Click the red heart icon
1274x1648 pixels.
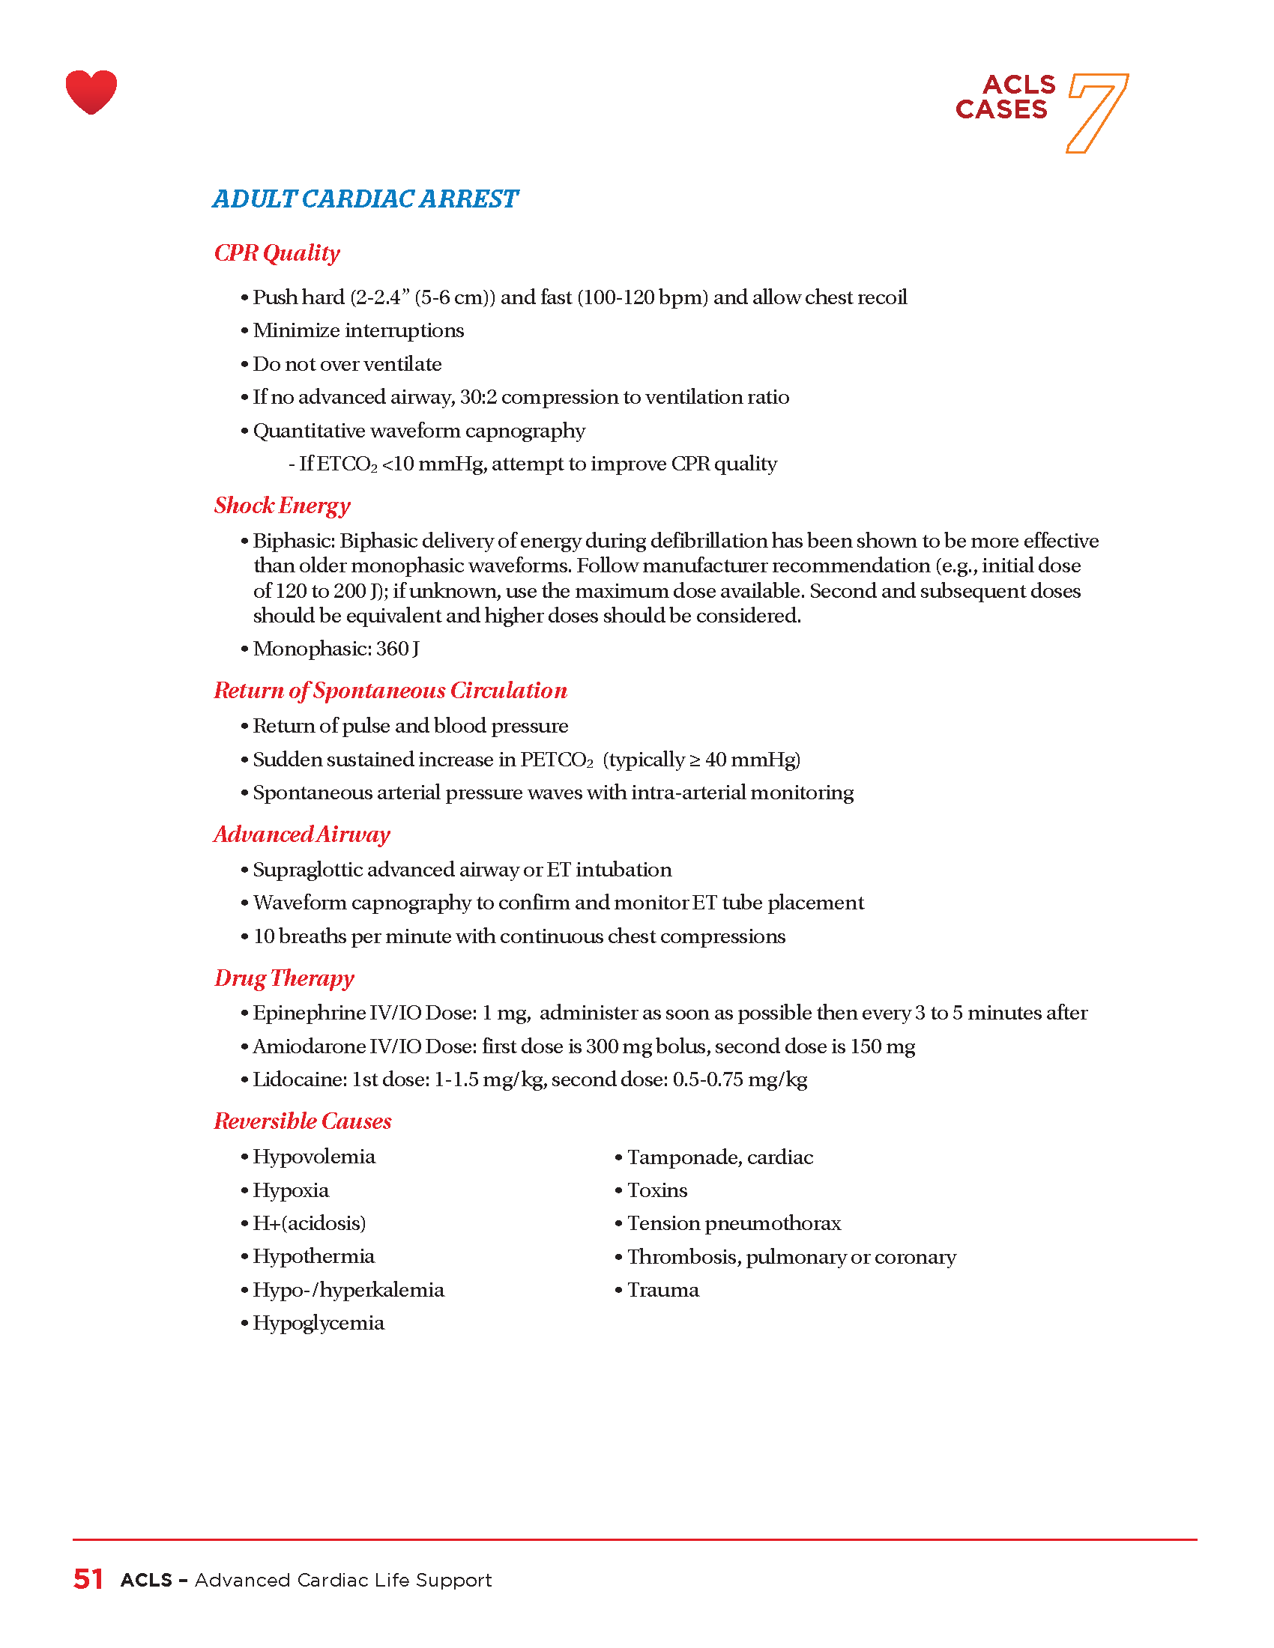coord(91,92)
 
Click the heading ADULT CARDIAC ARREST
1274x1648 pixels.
coord(365,199)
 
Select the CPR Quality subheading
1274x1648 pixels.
coord(277,252)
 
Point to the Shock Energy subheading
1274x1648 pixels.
coord(283,506)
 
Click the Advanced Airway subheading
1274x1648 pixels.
coord(302,834)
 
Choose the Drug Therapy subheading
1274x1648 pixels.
coord(284,978)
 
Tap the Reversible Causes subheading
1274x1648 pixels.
coord(303,1121)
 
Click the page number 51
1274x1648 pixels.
coord(88,1579)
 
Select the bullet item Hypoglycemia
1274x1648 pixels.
coord(318,1323)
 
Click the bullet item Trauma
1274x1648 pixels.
coord(662,1290)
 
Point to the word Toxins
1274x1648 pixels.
coord(656,1190)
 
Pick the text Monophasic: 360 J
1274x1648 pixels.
coord(336,649)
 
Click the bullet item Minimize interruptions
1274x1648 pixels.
coord(358,330)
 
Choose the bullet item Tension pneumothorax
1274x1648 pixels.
coord(734,1223)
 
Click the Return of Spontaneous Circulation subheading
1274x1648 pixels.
coord(390,691)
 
